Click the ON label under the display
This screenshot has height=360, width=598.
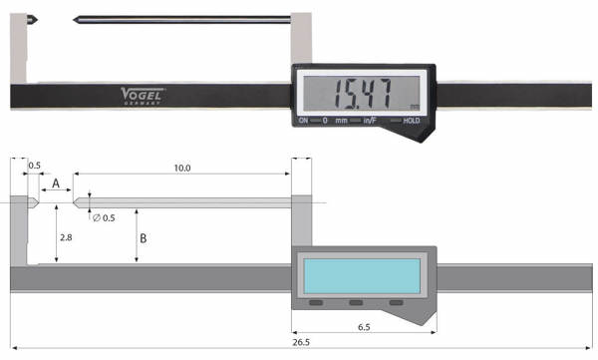pos(304,121)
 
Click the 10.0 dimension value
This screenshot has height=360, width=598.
pos(180,169)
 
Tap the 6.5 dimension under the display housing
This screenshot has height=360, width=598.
pos(365,325)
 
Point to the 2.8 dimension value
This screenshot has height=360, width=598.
pos(66,238)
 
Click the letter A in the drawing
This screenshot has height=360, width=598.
pos(57,183)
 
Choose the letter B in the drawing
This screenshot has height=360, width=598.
pos(144,238)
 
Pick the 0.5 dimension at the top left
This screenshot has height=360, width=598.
pos(35,166)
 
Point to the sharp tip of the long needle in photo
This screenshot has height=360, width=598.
pos(76,20)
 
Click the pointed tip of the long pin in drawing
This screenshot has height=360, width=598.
pos(76,203)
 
